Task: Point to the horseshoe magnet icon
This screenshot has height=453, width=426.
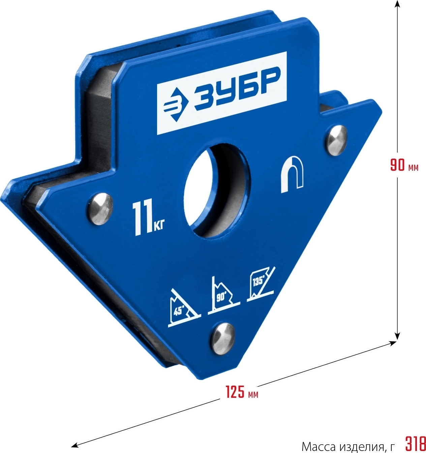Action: pyautogui.click(x=292, y=174)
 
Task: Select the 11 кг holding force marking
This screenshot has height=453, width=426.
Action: pyautogui.click(x=148, y=219)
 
